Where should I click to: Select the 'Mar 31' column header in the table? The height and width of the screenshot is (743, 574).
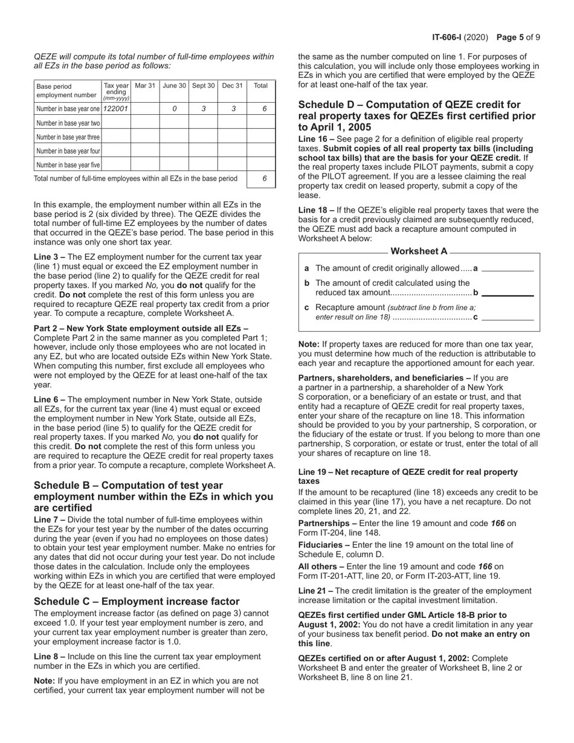[x=145, y=86]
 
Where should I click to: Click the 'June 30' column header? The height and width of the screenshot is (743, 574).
[x=174, y=86]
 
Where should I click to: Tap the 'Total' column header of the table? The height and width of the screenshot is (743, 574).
[x=260, y=86]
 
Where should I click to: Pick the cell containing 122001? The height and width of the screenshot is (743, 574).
[x=115, y=109]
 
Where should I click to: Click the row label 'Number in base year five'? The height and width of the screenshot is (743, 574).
[x=68, y=164]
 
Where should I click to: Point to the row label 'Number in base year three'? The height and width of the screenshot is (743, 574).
[x=68, y=137]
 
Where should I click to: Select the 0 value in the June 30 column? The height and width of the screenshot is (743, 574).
[x=174, y=109]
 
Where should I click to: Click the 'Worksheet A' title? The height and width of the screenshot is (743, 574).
[x=419, y=251]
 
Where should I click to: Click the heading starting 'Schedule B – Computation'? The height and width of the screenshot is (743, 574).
[x=153, y=497]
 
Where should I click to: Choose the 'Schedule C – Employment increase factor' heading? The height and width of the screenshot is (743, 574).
[x=137, y=601]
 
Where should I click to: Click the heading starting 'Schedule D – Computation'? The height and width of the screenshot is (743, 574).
[x=417, y=115]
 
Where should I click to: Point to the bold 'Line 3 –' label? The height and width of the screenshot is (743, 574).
[x=50, y=257]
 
